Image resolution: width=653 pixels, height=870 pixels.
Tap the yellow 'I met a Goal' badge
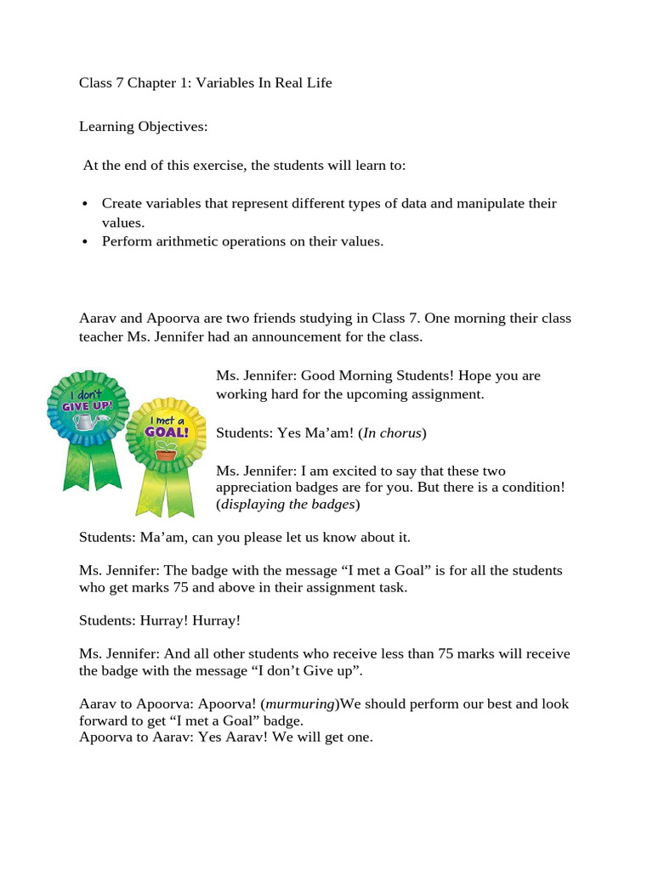167,433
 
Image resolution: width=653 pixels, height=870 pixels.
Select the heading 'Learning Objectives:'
143,127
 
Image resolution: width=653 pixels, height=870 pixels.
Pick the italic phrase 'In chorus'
392,433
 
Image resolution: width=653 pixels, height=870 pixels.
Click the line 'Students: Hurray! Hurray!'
160,620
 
